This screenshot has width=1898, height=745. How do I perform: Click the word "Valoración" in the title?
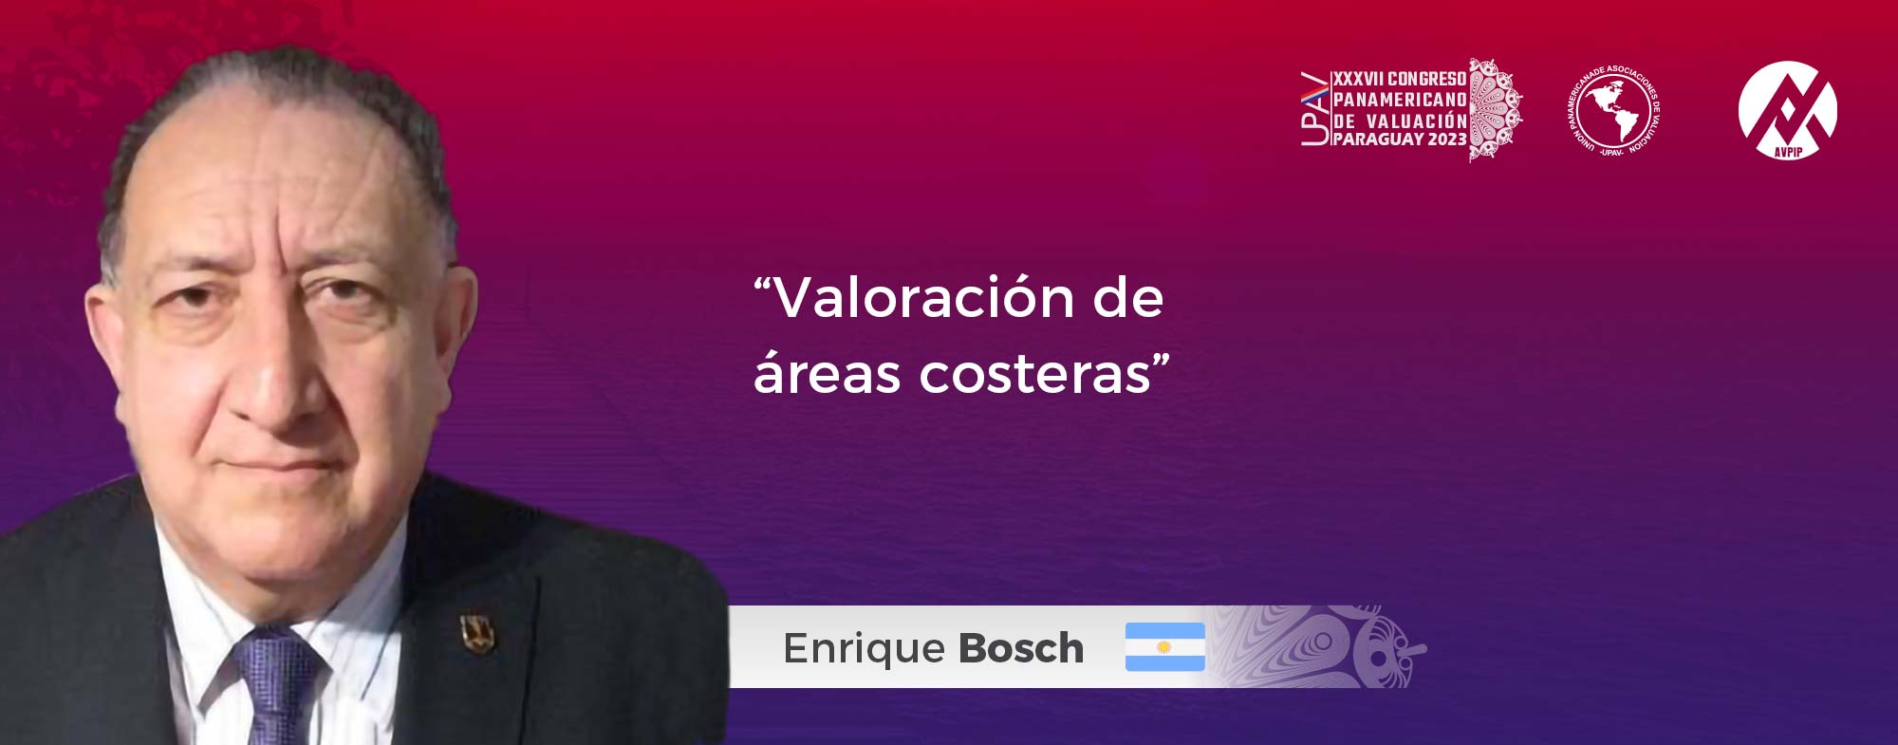point(925,298)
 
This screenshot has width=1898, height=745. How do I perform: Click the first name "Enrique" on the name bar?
point(865,650)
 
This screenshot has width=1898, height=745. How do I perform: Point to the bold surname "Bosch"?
point(1021,649)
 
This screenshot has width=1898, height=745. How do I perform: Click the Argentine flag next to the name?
point(1164,647)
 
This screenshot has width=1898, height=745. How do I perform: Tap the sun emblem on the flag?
point(1164,647)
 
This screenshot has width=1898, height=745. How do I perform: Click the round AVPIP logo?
point(1787,110)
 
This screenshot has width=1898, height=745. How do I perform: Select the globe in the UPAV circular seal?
point(1612,110)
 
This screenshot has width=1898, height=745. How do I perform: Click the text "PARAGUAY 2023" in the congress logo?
point(1400,140)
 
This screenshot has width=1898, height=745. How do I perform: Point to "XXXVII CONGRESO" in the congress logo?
point(1400,79)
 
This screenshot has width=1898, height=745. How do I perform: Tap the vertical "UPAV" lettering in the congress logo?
point(1314,109)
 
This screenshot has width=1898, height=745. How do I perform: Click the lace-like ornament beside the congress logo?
point(1496,110)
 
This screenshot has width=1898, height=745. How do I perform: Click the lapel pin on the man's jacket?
point(476,633)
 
